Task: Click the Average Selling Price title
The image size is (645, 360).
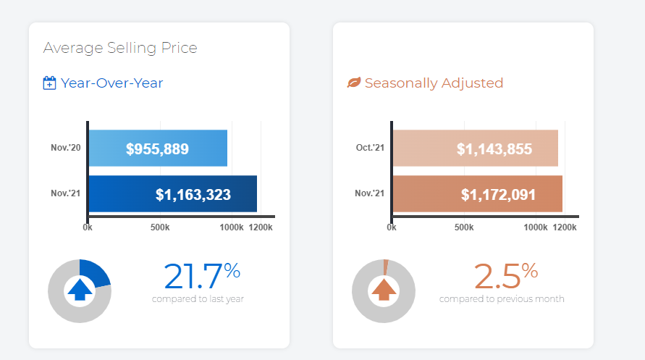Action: [x=120, y=48]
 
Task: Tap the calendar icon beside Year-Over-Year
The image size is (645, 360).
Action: [x=50, y=83]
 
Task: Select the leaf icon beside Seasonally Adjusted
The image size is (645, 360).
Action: [x=354, y=83]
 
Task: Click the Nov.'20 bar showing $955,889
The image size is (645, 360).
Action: [x=158, y=149]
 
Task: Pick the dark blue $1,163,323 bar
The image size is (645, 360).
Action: [x=172, y=194]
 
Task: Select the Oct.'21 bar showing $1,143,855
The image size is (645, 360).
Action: [x=475, y=149]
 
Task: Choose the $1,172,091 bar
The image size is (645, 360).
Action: [x=478, y=194]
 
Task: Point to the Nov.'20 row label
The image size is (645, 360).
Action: [x=66, y=148]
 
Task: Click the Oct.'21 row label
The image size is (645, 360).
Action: [x=371, y=148]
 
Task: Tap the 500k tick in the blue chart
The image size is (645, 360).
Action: [x=159, y=227]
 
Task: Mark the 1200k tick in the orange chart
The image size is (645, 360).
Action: [x=565, y=227]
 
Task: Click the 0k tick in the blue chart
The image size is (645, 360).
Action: [x=88, y=227]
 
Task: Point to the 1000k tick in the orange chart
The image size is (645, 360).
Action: [x=536, y=227]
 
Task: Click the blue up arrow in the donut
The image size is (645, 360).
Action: [x=79, y=290]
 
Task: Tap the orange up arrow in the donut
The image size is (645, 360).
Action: [x=384, y=290]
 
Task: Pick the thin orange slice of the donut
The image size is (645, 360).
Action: [x=386, y=266]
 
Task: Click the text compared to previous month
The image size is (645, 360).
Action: [x=502, y=298]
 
